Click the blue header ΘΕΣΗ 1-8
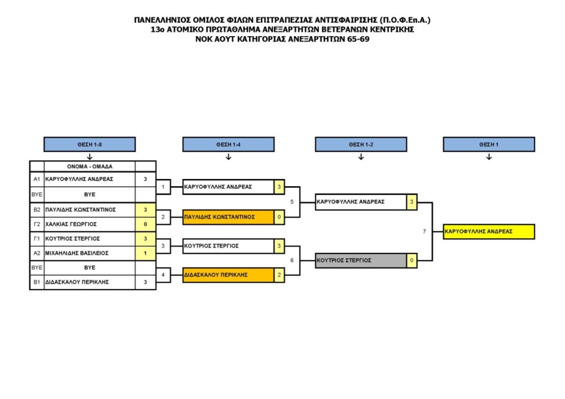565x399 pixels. click(x=90, y=144)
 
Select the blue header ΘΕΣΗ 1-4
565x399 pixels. click(x=228, y=144)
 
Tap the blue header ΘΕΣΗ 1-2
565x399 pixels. click(x=361, y=144)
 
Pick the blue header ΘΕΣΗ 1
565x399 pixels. click(x=489, y=144)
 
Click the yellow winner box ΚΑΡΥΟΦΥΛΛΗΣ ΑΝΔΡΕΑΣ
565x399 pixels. click(x=489, y=231)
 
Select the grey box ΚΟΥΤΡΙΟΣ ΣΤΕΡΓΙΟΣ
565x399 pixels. click(x=361, y=260)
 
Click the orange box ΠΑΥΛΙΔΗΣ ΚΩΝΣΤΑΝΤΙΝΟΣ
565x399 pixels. click(x=228, y=217)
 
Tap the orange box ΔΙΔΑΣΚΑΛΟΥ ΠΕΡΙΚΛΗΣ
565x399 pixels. click(x=228, y=275)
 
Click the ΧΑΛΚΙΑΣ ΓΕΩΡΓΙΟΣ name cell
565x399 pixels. click(x=89, y=224)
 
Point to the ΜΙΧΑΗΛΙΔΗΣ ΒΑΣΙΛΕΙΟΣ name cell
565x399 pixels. click(x=89, y=253)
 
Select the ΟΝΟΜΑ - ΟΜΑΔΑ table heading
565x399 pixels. click(x=89, y=166)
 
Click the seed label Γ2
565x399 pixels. click(x=37, y=224)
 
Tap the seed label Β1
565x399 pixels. click(x=37, y=282)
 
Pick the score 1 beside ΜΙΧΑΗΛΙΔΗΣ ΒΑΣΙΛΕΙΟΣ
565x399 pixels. click(x=145, y=253)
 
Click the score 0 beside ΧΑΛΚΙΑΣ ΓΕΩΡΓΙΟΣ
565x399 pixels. click(x=145, y=224)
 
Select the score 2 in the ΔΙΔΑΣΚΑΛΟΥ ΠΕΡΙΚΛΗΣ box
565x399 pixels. click(x=279, y=275)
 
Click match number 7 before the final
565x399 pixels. click(x=424, y=231)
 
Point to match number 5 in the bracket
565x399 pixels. click(x=292, y=201)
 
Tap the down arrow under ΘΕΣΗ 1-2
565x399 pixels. click(x=361, y=157)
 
